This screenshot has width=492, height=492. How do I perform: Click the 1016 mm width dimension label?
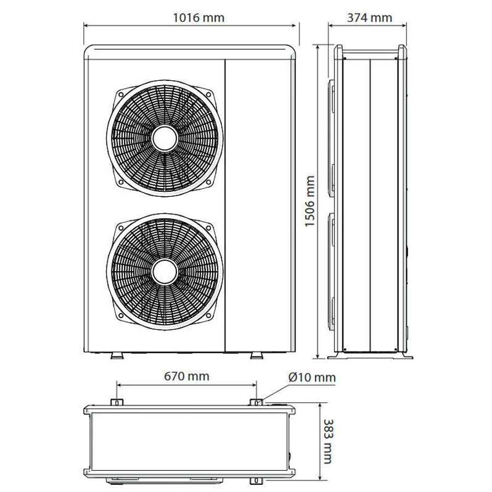[x=198, y=18]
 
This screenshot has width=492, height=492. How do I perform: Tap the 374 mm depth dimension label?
[x=370, y=18]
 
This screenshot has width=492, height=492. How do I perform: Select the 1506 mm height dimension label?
[x=310, y=201]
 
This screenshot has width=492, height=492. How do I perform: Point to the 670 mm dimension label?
[x=187, y=376]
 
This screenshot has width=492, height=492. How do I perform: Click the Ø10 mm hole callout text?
[x=312, y=377]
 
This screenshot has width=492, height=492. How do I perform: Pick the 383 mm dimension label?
[x=327, y=441]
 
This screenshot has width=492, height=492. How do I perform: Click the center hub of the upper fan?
[x=165, y=138]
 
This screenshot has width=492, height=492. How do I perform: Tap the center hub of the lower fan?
[x=165, y=272]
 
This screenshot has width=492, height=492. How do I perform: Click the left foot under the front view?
[x=117, y=355]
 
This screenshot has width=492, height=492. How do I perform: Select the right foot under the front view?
[x=257, y=355]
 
